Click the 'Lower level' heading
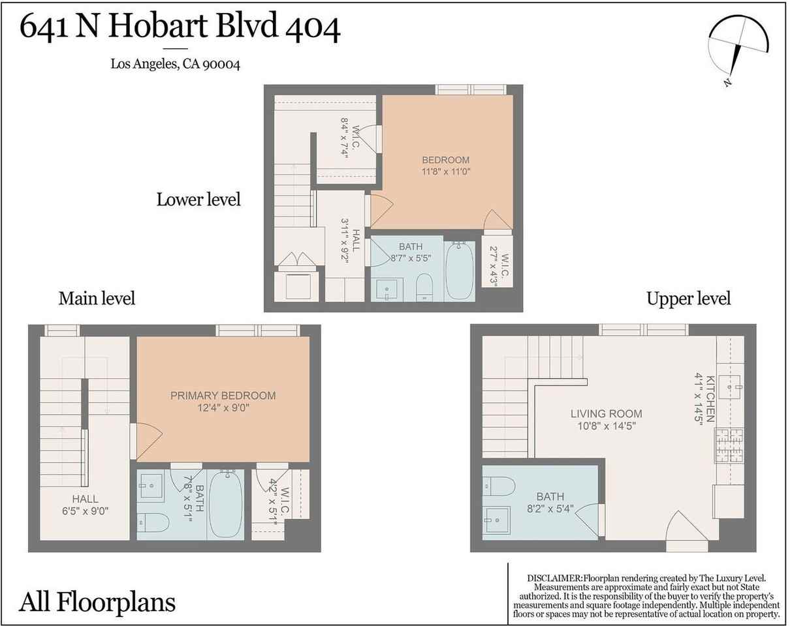pos(198,199)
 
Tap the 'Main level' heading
pos(97,298)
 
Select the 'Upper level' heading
pos(688,298)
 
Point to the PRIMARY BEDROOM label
pos(223,395)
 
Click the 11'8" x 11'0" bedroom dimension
pos(446,172)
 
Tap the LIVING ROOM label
pos(606,413)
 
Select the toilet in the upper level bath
pos(499,486)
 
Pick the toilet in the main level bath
pos(153,522)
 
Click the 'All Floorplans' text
pos(97,601)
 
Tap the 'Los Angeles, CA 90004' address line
pos(175,64)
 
